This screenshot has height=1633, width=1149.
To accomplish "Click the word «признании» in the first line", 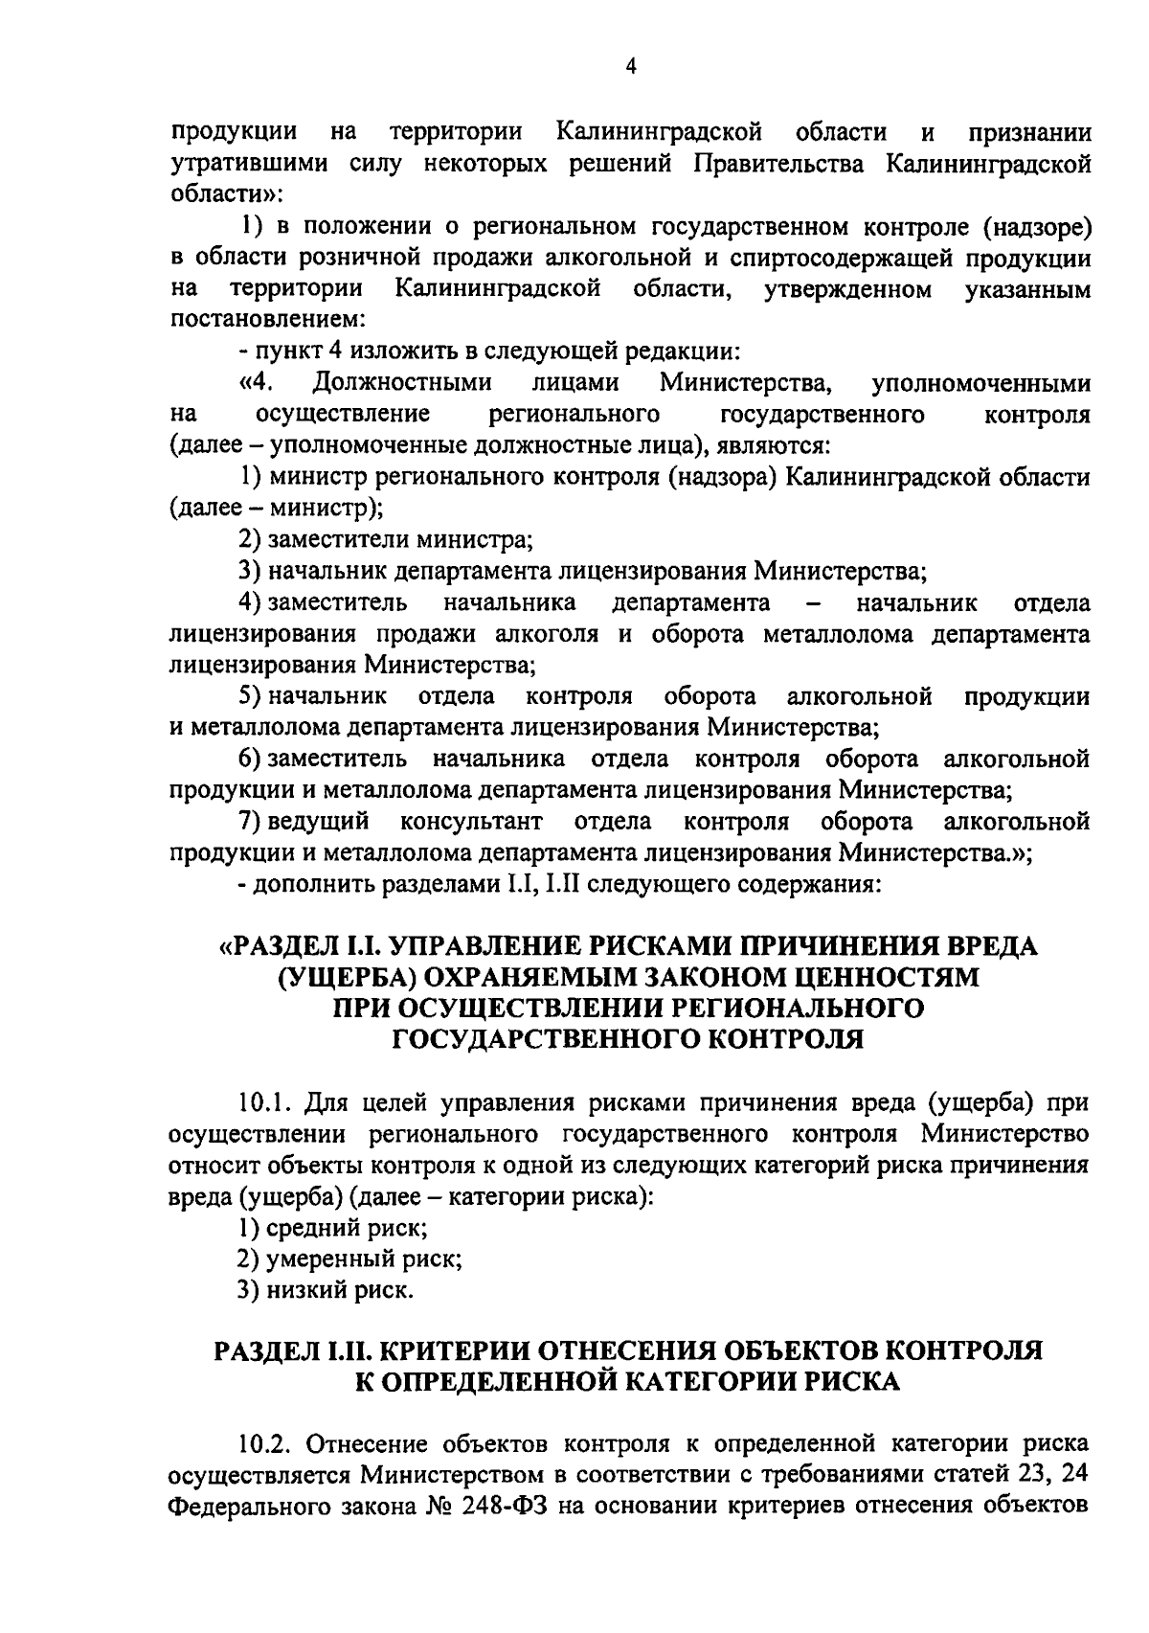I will [x=1029, y=131].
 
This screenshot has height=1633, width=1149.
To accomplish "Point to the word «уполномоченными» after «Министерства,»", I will [x=981, y=383].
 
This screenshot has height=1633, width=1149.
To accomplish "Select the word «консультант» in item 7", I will [x=471, y=822].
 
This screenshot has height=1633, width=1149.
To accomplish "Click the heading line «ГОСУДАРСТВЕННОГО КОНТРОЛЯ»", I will [x=628, y=1039].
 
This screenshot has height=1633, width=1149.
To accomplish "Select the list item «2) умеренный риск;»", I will [x=350, y=1259].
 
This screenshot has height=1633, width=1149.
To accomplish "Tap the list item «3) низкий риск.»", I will [x=327, y=1291].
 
